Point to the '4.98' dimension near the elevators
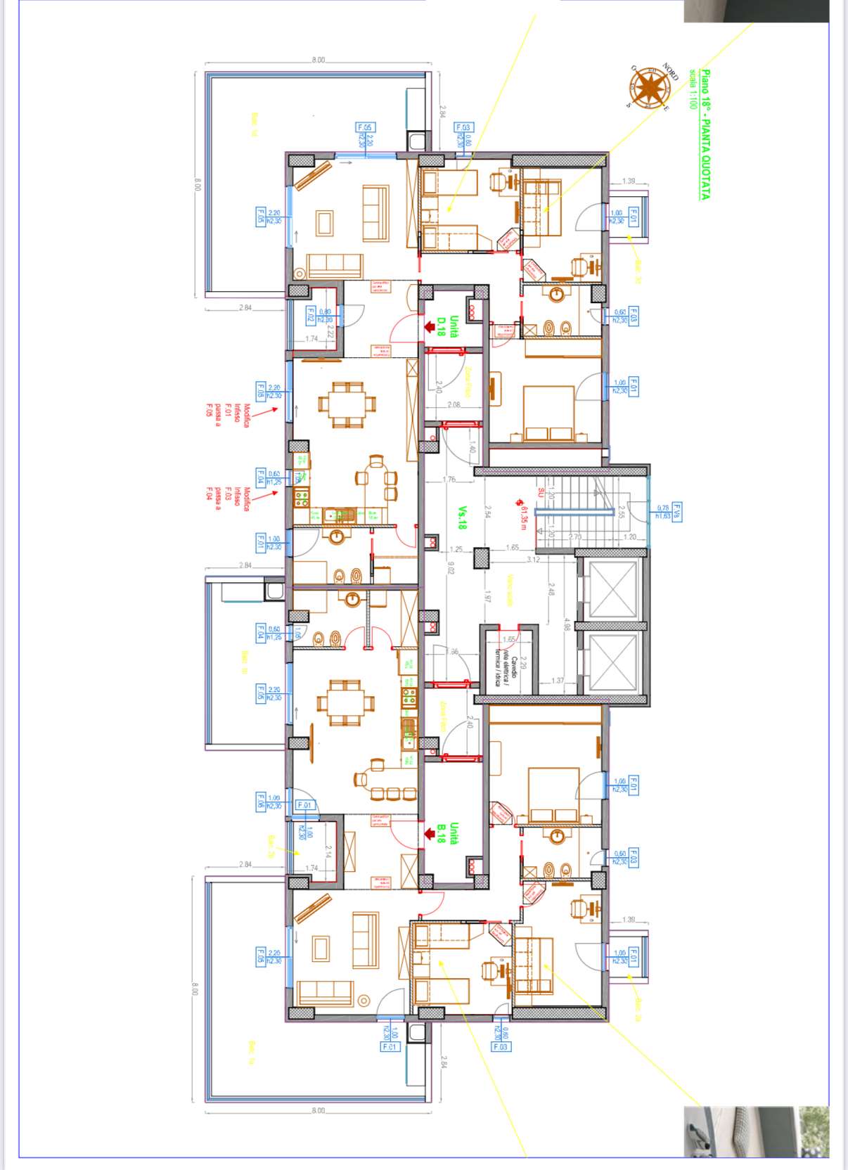tap(567, 624)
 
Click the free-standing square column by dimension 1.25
tap(482, 558)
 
